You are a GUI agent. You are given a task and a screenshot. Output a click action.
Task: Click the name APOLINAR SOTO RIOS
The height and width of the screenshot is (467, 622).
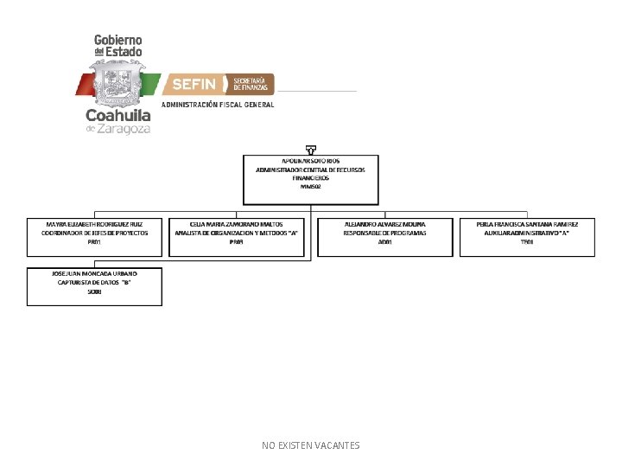click(x=310, y=162)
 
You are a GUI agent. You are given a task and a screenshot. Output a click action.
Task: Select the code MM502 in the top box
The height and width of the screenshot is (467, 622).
click(x=310, y=186)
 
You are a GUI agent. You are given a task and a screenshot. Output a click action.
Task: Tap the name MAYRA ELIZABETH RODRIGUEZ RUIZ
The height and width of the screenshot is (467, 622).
click(x=94, y=223)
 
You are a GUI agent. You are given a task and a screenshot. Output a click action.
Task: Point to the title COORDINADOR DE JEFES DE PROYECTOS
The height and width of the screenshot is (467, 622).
click(x=94, y=233)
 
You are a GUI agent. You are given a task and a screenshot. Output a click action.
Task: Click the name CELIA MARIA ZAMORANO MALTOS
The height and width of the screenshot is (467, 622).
click(x=236, y=223)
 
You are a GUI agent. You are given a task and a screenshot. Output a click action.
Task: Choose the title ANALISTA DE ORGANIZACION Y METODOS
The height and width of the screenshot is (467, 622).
click(x=236, y=233)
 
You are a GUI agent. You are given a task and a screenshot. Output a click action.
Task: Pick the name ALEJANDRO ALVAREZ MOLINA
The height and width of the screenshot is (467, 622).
click(x=384, y=223)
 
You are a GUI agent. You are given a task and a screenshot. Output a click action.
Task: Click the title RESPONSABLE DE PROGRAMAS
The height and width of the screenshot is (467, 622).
click(x=384, y=233)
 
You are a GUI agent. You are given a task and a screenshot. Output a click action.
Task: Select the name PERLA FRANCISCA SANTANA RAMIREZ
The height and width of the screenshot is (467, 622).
click(x=527, y=223)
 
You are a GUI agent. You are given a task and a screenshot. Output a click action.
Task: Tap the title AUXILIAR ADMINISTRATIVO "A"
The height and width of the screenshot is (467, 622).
click(x=527, y=233)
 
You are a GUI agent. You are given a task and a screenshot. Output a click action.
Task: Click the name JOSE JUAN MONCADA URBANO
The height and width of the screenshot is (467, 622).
click(x=94, y=273)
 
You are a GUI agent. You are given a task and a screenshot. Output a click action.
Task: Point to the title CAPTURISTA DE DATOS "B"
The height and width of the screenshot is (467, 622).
click(x=94, y=283)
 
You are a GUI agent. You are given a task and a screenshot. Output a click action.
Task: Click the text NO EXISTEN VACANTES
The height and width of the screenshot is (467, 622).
click(x=310, y=445)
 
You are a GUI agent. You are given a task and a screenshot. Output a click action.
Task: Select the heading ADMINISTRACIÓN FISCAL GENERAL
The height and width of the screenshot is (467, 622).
click(x=218, y=105)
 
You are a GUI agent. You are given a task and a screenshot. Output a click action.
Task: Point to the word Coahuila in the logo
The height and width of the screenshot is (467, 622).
click(x=117, y=115)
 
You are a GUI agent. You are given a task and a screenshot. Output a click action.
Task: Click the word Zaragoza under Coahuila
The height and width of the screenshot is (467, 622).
click(x=125, y=129)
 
